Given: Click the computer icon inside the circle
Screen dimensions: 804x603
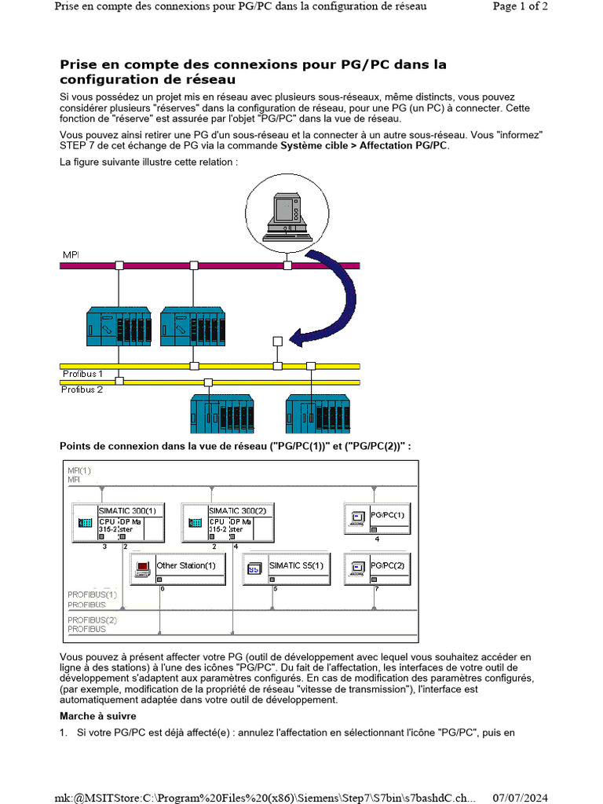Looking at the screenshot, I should click(287, 216).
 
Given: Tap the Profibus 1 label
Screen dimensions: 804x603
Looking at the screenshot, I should click(82, 374).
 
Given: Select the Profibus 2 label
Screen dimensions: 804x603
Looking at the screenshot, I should click(82, 389).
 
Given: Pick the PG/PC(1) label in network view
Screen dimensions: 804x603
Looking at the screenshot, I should click(387, 515).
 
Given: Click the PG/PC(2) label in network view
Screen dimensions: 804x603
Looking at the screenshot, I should click(387, 565).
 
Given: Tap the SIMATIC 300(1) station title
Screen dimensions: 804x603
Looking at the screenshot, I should click(127, 510).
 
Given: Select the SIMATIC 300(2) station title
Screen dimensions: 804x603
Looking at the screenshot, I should click(238, 510).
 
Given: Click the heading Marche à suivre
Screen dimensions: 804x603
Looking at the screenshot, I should click(98, 716).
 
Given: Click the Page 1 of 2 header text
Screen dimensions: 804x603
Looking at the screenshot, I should click(520, 6).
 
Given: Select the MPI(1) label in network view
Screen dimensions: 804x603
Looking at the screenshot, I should click(79, 470).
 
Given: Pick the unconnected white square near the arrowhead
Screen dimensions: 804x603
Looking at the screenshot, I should click(277, 341).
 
